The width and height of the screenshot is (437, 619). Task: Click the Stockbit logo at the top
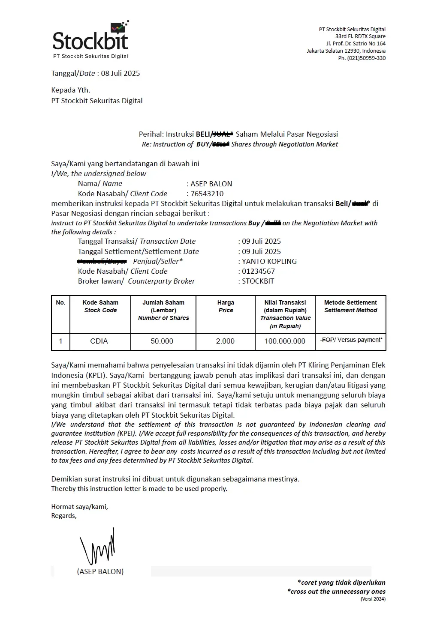[x=90, y=40]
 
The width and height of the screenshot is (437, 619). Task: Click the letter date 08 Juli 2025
[x=121, y=73]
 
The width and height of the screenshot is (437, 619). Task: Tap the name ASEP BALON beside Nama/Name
[x=211, y=184]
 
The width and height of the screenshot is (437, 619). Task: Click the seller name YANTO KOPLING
[x=269, y=261]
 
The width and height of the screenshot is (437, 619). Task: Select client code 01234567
[x=258, y=271]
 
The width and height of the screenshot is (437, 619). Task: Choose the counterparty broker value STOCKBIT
[x=258, y=281]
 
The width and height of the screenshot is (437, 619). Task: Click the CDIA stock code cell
[x=99, y=341]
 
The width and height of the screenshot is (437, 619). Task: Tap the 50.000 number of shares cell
[x=162, y=341]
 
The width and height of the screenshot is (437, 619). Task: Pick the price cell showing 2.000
[x=225, y=341]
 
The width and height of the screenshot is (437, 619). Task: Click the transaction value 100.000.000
[x=285, y=341]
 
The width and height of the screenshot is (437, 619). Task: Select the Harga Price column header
[x=226, y=306]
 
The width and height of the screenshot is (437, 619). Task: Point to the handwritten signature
[x=97, y=547]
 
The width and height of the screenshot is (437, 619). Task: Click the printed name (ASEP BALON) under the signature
[x=100, y=571]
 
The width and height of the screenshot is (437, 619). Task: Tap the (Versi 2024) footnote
[x=373, y=599]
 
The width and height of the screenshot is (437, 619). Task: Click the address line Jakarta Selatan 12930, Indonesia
[x=346, y=51]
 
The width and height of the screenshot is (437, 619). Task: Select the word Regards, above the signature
[x=64, y=516]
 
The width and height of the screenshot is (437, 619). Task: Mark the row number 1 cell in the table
[x=60, y=341]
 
